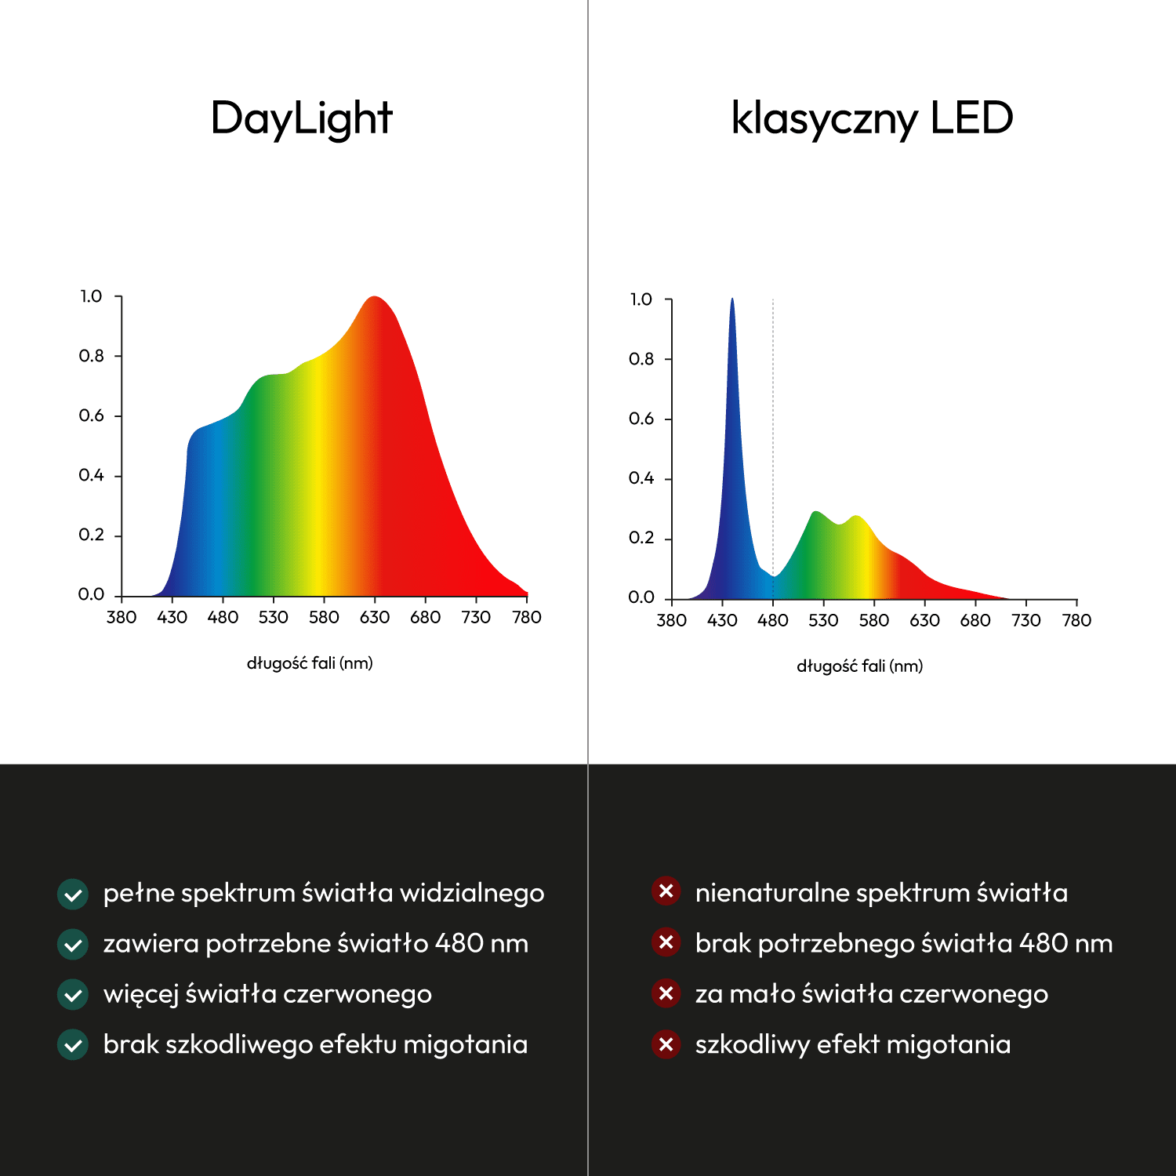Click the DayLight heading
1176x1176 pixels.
[x=301, y=118]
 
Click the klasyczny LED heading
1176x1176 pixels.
[x=872, y=118]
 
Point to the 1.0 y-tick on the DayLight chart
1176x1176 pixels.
[x=91, y=296]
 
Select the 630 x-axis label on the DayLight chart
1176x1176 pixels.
[x=375, y=618]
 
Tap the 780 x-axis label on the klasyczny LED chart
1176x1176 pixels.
[x=1076, y=621]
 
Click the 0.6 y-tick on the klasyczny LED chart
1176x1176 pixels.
[x=641, y=419]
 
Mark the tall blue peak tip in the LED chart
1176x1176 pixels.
[x=732, y=299]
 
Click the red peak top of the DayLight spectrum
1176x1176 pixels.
[x=375, y=298]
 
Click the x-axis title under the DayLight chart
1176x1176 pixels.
[x=310, y=663]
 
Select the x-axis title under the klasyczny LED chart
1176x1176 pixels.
[x=860, y=666]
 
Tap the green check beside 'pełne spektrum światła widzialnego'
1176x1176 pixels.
[x=73, y=894]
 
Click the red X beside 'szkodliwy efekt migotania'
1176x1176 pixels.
[x=666, y=1044]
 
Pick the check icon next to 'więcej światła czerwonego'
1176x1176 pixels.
[x=73, y=995]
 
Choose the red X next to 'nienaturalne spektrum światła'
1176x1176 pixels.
[x=666, y=891]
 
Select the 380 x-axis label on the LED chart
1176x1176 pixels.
[x=672, y=621]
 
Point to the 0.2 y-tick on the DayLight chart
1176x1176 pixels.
[x=91, y=535]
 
